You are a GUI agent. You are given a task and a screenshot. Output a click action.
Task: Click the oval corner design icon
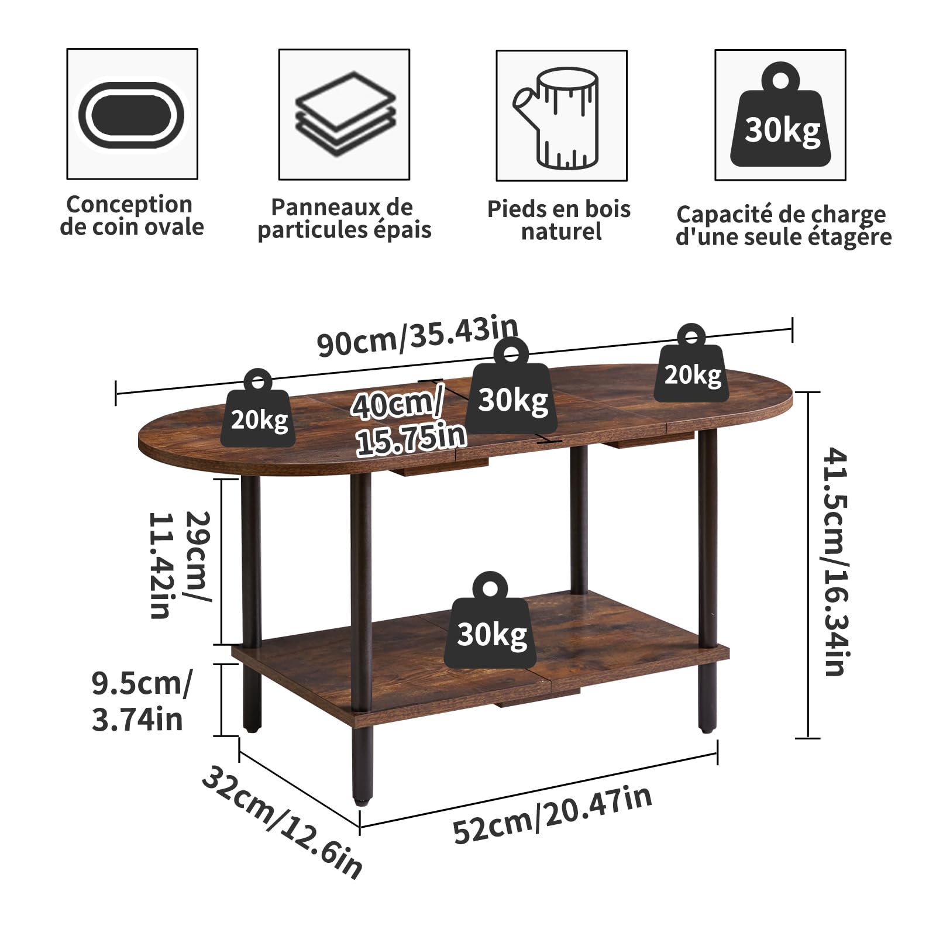pos(132,115)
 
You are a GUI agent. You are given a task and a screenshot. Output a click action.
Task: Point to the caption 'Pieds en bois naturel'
pos(559,220)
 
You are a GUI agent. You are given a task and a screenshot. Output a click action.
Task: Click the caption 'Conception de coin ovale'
pos(132,215)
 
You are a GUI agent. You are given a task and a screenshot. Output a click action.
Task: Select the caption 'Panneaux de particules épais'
pos(344,218)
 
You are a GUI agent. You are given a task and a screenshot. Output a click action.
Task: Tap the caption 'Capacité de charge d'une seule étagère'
pos(783,226)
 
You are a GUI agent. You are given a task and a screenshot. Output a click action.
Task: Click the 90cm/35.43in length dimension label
pos(418,336)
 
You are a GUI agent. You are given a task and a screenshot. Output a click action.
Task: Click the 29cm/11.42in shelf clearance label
pos(180,565)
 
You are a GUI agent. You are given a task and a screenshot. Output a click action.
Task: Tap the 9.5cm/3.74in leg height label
pos(141,701)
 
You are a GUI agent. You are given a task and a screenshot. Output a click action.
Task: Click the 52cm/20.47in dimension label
pos(552,815)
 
